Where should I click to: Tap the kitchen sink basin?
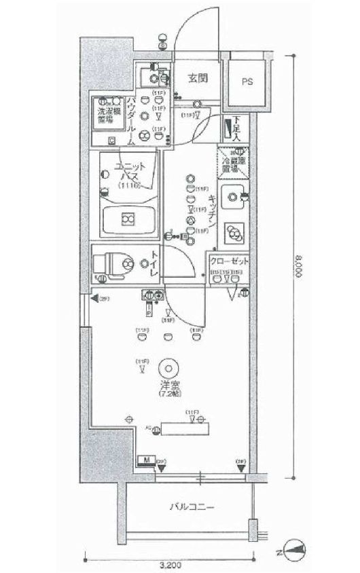234,198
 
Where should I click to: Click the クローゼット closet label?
229,262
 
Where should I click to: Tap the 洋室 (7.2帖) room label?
168,388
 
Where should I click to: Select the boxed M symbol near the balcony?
145,461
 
